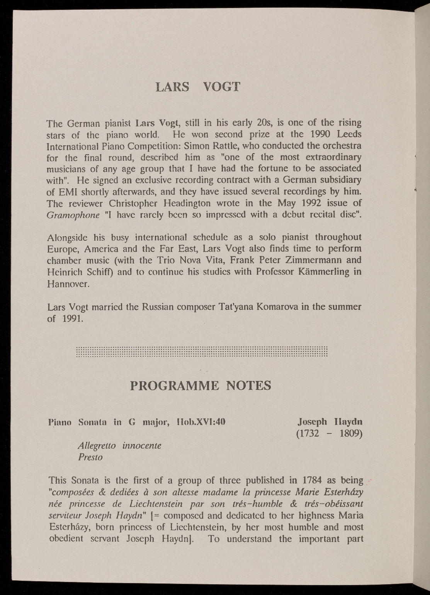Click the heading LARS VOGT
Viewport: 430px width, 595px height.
click(x=197, y=86)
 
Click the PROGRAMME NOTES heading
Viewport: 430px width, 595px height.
click(x=201, y=385)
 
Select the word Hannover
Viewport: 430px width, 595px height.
click(x=68, y=284)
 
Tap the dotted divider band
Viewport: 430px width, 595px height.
click(x=202, y=352)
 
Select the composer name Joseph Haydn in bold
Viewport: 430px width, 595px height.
click(x=330, y=421)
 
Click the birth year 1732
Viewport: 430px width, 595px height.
click(x=308, y=433)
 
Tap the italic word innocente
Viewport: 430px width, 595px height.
click(x=141, y=445)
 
